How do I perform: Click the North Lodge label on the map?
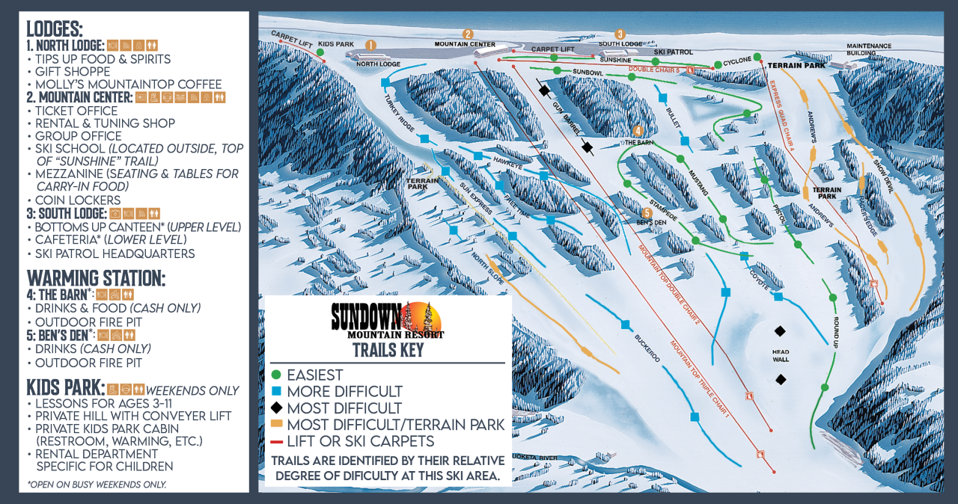[x=378, y=64]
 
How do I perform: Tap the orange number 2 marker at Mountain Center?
[x=468, y=34]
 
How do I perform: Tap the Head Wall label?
[x=781, y=356]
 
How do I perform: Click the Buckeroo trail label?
[x=647, y=348]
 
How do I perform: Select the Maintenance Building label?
[x=869, y=49]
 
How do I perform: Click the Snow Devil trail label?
[x=884, y=176]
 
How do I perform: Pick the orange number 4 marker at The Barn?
[x=638, y=131]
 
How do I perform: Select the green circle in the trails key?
[x=276, y=375]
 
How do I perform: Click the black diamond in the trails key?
[x=276, y=408]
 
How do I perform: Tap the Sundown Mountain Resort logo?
[x=388, y=320]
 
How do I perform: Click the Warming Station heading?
[x=96, y=278]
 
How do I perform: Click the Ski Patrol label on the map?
[x=674, y=52]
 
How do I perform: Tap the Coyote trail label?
[x=760, y=274]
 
